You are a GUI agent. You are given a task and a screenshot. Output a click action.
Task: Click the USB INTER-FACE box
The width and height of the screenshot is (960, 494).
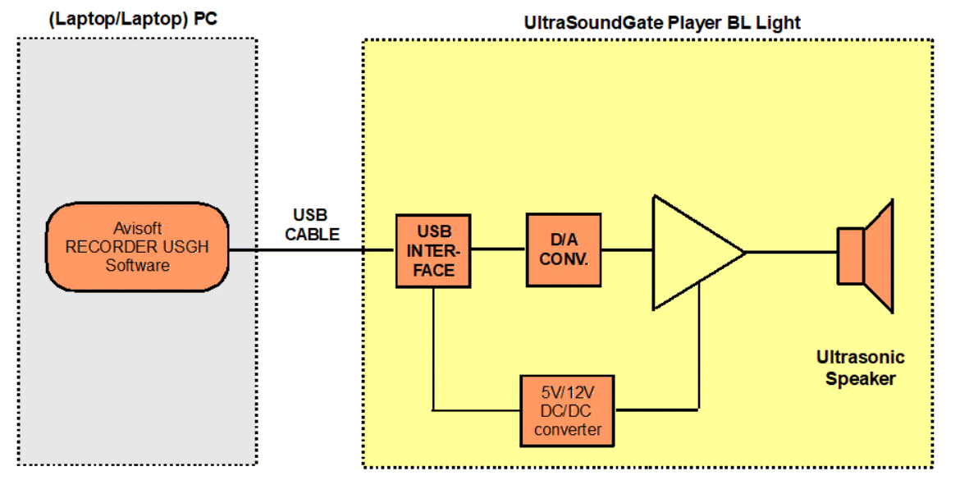[x=433, y=250]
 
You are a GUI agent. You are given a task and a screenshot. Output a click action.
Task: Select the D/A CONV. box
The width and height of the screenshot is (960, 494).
[x=563, y=249]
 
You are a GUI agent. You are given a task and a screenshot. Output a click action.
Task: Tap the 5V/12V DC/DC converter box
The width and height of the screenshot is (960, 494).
[x=567, y=411]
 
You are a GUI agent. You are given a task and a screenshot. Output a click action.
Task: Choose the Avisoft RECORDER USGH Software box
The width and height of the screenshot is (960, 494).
[x=137, y=246]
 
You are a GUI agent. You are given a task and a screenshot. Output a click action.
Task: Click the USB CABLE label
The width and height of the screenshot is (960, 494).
[x=311, y=224]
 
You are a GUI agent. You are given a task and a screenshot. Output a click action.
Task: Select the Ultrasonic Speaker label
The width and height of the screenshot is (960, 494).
[x=860, y=368]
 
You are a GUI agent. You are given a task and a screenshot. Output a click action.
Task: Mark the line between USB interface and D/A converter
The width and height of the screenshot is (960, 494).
[x=499, y=249]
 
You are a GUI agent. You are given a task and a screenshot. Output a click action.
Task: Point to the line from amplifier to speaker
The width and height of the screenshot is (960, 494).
[x=790, y=252]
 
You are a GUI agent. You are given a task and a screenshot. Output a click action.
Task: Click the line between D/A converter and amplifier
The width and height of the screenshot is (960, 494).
[x=626, y=249]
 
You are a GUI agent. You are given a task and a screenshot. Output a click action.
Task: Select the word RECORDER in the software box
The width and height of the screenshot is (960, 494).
[x=105, y=247]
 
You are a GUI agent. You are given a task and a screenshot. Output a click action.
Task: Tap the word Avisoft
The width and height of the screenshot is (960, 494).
[x=137, y=229]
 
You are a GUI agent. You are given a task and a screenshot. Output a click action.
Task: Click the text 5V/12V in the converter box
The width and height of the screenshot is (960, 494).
[x=567, y=393]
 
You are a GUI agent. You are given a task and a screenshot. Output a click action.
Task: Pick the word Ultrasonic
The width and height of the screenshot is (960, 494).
[x=860, y=358]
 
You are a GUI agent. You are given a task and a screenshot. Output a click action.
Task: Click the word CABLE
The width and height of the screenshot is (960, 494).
[x=312, y=234]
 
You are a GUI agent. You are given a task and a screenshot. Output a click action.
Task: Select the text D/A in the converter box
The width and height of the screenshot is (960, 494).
[x=563, y=240]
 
